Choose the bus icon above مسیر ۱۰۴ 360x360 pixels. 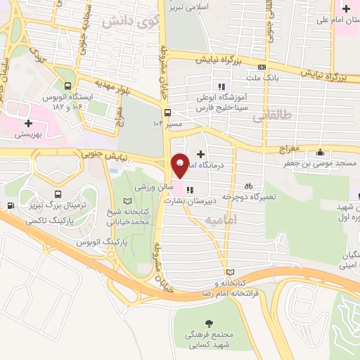tap(167, 112)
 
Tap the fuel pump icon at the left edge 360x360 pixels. tap(10, 206)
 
